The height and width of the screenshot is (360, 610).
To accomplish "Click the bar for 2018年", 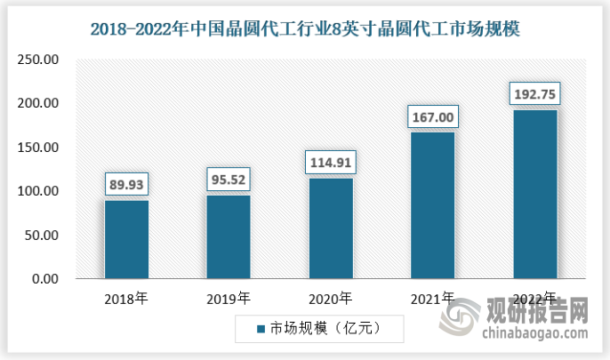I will point(126,239).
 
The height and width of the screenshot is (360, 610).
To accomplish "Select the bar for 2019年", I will point(229,236).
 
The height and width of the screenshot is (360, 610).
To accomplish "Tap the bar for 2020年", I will point(331,228).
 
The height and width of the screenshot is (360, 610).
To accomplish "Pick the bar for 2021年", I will point(433,205).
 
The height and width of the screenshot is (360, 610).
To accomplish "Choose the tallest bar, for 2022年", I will point(534,194).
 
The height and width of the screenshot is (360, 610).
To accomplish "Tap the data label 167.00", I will point(433,116).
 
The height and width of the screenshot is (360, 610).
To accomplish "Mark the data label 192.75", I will point(534,93).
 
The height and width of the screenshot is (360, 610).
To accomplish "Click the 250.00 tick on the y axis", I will point(39,60).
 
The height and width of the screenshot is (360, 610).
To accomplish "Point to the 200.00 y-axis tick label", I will point(39,104).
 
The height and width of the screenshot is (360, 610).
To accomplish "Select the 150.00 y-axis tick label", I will point(39,148).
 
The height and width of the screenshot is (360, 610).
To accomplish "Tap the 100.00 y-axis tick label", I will point(39,191).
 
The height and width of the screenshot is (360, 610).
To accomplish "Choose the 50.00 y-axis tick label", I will point(43,236).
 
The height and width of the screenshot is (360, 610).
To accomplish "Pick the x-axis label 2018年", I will point(126,298).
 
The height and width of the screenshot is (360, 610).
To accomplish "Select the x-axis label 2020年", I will point(331,298).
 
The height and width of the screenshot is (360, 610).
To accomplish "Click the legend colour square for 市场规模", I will point(261,330).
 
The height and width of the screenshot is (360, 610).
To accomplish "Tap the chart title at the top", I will point(305,28).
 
